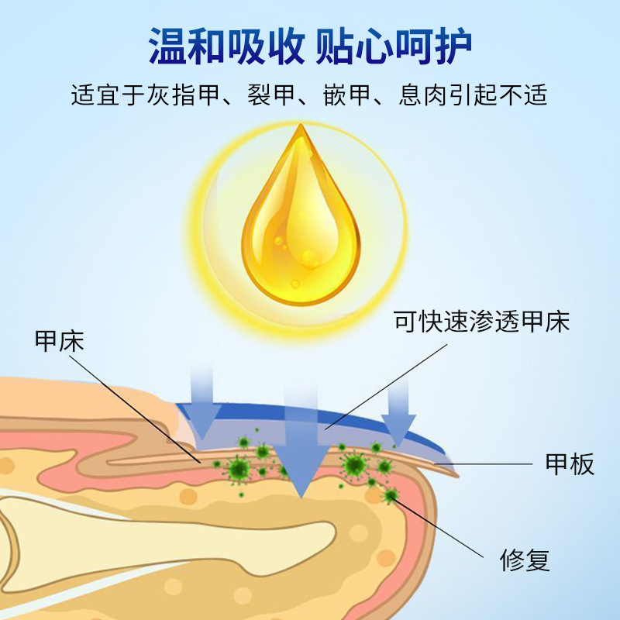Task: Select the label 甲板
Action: [570, 464]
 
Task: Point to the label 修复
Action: [525, 560]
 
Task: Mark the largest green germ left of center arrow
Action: [238, 469]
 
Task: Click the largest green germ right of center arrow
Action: [355, 466]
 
